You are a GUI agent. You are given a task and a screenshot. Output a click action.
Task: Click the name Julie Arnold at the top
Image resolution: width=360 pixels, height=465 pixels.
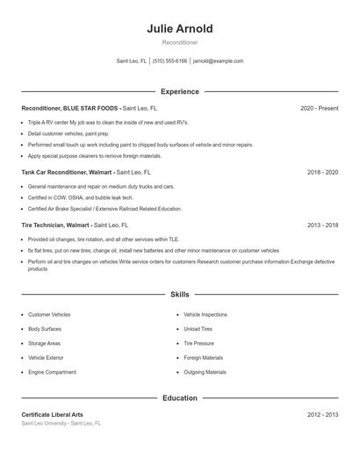pyautogui.click(x=180, y=29)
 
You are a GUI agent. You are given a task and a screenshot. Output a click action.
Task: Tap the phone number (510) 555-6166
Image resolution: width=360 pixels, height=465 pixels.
pyautogui.click(x=169, y=61)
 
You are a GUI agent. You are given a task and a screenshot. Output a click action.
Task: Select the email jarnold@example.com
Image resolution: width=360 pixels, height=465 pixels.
pyautogui.click(x=218, y=61)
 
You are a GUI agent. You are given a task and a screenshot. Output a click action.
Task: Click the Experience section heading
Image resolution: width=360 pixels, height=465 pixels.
pyautogui.click(x=180, y=91)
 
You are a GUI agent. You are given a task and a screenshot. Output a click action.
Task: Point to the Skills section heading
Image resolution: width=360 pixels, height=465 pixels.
pyautogui.click(x=180, y=295)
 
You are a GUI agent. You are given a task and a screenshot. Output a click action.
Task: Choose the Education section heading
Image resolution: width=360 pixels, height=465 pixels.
pyautogui.click(x=180, y=397)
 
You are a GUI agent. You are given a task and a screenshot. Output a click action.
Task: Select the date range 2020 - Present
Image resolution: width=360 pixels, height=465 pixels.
pyautogui.click(x=319, y=108)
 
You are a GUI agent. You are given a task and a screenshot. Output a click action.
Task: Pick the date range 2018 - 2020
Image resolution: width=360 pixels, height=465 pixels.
pyautogui.click(x=322, y=173)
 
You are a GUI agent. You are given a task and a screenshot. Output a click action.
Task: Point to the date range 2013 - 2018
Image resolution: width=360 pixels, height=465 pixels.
pyautogui.click(x=322, y=225)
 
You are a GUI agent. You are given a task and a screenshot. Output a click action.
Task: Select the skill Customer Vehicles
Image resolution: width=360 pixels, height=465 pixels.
pyautogui.click(x=49, y=314)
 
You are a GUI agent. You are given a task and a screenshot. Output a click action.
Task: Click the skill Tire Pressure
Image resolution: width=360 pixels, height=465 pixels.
pyautogui.click(x=198, y=343)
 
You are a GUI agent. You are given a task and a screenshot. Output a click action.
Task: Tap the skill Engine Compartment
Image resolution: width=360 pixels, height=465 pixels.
pyautogui.click(x=52, y=372)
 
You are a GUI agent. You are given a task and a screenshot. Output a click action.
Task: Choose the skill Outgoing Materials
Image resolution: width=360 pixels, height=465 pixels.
pyautogui.click(x=205, y=372)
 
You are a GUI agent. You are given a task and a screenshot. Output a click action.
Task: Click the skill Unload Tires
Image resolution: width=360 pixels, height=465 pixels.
pyautogui.click(x=198, y=329)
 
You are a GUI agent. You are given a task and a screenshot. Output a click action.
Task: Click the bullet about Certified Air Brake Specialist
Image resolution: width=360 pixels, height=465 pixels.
pyautogui.click(x=104, y=209)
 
